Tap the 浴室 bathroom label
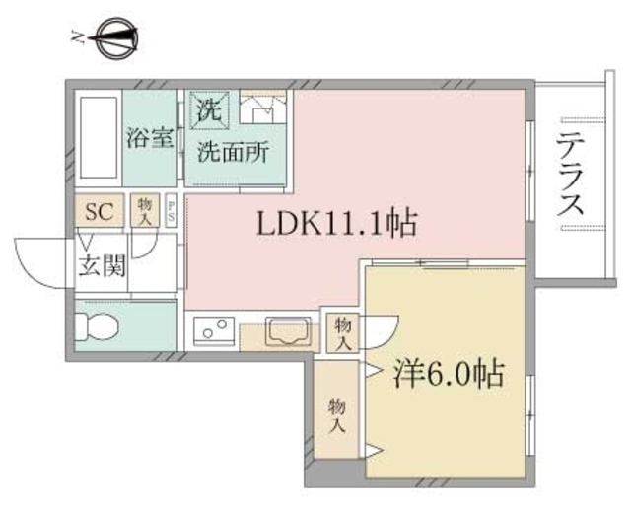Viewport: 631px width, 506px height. tap(150, 138)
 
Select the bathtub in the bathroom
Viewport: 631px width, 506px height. tap(98, 138)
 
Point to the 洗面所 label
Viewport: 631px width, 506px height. tap(228, 153)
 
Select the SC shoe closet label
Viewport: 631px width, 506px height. tap(99, 211)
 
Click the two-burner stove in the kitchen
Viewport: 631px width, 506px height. tap(212, 330)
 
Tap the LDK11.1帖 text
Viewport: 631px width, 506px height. tap(338, 223)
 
